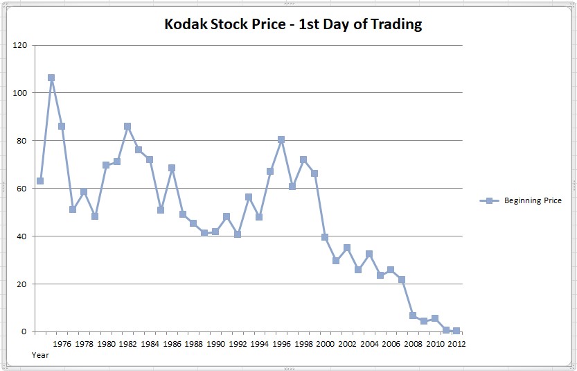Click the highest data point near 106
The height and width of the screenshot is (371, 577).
(x=51, y=78)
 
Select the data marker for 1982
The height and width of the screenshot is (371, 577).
(x=127, y=126)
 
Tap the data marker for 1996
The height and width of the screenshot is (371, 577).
(x=281, y=139)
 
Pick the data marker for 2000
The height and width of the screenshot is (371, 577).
(x=325, y=237)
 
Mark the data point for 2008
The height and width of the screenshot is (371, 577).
(x=413, y=316)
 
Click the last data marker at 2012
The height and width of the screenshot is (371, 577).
(x=456, y=331)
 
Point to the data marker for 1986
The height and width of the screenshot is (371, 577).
(x=172, y=168)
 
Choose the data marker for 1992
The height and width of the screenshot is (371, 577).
(x=238, y=234)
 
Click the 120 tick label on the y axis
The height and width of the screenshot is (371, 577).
(x=20, y=45)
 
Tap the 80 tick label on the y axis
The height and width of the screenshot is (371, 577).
(x=22, y=141)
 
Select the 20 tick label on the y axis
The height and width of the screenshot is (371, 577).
(x=22, y=284)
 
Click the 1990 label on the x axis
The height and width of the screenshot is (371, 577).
(x=215, y=343)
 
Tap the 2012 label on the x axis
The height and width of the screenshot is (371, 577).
(x=456, y=343)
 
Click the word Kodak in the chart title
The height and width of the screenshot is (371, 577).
(x=185, y=24)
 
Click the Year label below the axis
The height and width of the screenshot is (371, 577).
(x=40, y=354)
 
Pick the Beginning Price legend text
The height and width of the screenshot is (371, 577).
(x=533, y=201)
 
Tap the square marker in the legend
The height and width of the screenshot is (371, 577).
(x=490, y=201)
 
